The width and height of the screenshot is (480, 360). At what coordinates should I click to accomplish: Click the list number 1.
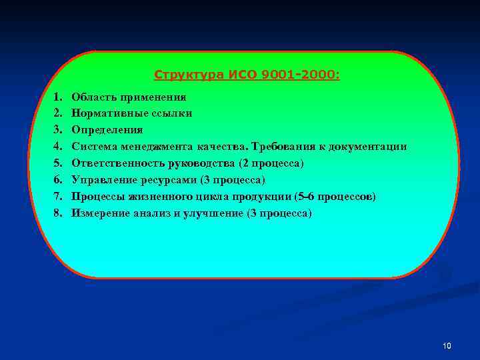point(58,97)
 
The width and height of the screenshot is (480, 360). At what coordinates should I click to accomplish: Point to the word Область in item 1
point(93,97)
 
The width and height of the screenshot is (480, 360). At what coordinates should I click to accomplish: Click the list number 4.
point(58,147)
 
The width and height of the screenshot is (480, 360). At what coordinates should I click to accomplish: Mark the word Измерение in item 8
point(101,213)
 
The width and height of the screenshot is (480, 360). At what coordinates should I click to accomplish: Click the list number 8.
point(58,213)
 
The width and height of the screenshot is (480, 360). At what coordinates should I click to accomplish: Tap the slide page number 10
point(447,346)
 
